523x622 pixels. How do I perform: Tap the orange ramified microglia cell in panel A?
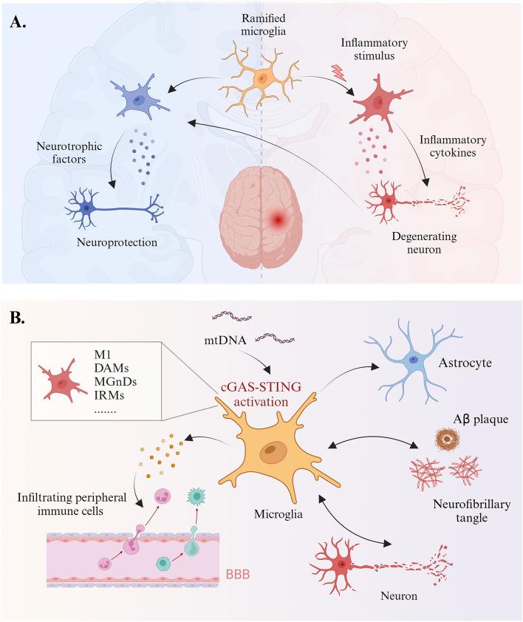coord(261,78)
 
